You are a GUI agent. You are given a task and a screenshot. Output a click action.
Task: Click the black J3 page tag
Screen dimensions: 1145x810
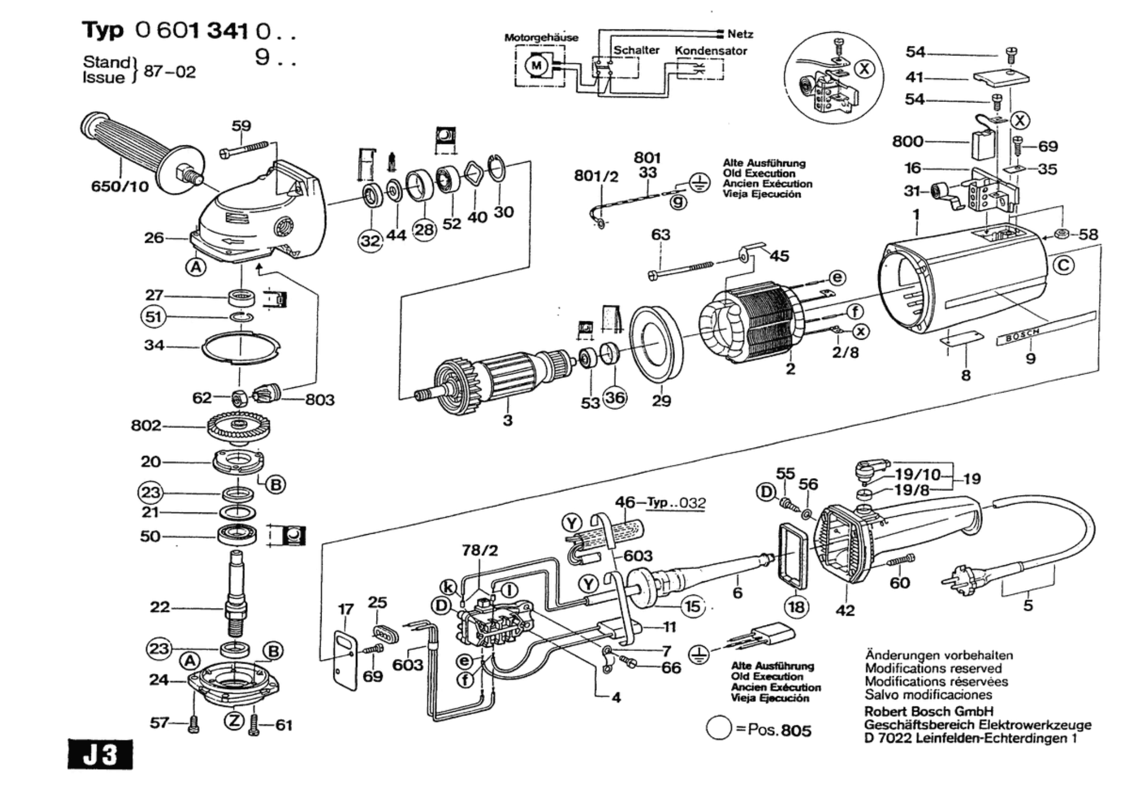click(100, 754)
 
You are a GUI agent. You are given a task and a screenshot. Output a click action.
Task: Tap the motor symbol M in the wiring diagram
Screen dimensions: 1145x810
click(536, 66)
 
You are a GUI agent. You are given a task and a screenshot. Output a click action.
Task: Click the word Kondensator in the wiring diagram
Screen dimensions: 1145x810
click(711, 51)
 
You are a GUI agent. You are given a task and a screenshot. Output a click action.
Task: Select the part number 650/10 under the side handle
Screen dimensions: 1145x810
click(120, 186)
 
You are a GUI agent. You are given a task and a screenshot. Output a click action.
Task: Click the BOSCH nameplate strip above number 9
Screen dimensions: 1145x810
click(1046, 328)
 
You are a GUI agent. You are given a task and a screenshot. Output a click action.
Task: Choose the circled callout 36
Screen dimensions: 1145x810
click(615, 397)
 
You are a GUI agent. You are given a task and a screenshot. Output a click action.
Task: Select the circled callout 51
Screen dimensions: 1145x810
click(153, 317)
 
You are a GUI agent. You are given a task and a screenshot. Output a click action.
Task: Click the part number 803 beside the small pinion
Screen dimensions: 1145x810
click(320, 399)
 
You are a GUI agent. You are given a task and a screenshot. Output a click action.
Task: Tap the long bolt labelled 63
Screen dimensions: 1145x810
click(681, 269)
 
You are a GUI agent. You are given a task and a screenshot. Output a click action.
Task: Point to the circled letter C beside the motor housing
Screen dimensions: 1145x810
click(1063, 265)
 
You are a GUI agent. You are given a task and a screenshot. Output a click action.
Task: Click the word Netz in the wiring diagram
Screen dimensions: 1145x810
click(740, 34)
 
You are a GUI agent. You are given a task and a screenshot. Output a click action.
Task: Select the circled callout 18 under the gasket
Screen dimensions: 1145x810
click(796, 607)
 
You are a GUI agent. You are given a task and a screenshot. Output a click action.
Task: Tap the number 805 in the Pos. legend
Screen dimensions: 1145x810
click(796, 730)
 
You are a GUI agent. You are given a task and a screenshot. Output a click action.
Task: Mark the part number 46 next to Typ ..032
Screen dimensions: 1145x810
click(625, 501)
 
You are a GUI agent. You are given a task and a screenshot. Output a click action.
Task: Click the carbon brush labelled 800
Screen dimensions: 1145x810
click(983, 145)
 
